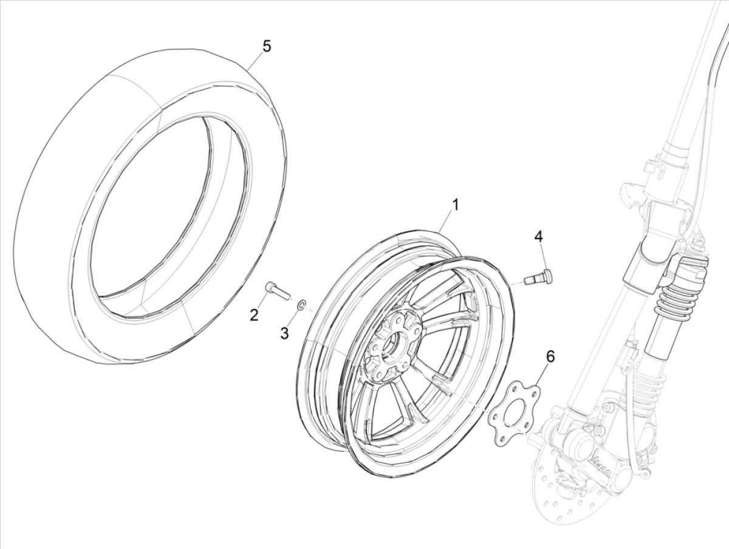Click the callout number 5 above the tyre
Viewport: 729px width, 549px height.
coord(266,46)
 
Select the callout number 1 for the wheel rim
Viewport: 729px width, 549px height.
coord(455,205)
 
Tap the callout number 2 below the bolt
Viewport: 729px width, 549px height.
coord(254,315)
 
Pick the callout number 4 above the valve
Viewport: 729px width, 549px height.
coord(538,236)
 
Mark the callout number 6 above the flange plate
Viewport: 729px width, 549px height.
coord(550,356)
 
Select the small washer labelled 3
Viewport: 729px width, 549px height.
coord(301,303)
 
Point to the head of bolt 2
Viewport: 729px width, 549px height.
coord(269,286)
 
